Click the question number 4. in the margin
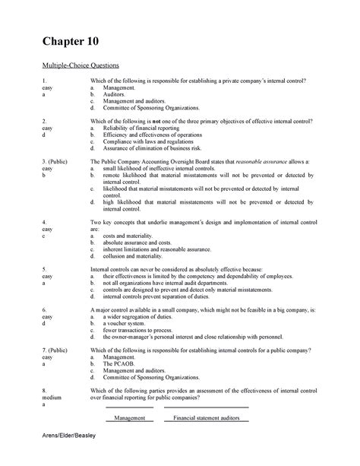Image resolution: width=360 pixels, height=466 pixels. point(46,220)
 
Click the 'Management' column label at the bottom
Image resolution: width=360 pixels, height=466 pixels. point(129,417)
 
